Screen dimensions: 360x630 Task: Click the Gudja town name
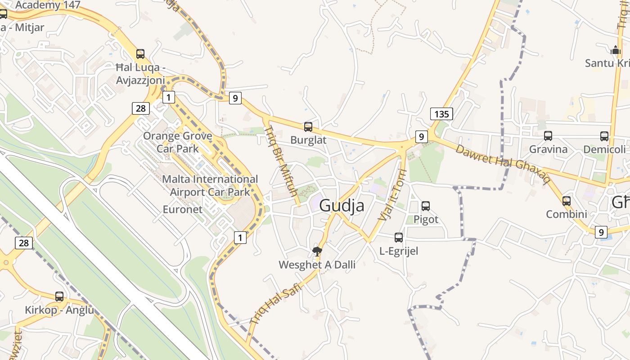pos(342,206)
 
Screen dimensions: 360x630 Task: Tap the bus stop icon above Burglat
pos(308,127)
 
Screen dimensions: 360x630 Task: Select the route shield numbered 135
pos(441,114)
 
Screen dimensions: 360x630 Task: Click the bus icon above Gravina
pos(548,136)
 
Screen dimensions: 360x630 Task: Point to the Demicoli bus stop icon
pos(604,136)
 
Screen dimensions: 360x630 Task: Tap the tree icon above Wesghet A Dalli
pos(317,251)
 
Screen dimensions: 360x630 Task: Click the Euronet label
pos(183,209)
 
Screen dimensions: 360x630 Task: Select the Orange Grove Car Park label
pos(178,142)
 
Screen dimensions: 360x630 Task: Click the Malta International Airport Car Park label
pos(210,185)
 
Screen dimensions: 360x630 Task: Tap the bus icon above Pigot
pos(426,206)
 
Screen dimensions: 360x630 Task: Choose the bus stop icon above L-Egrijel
pos(399,238)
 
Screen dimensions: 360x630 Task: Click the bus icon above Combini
pos(567,201)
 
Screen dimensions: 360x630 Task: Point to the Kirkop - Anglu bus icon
pos(59,297)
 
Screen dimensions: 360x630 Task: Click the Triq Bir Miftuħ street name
pos(281,166)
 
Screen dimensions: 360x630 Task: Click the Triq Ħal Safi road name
pos(274,306)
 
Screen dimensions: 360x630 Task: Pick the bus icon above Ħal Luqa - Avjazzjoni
pos(140,54)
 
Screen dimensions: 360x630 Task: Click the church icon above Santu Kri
pos(616,49)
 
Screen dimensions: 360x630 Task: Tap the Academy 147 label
pos(48,5)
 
